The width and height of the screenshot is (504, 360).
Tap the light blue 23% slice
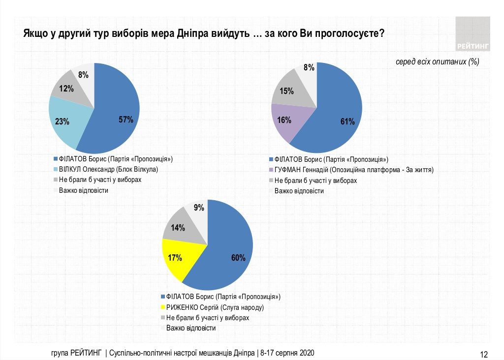[x=66, y=120]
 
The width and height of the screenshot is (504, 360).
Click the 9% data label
[x=199, y=208]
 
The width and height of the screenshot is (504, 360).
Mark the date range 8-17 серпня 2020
[x=287, y=353]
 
